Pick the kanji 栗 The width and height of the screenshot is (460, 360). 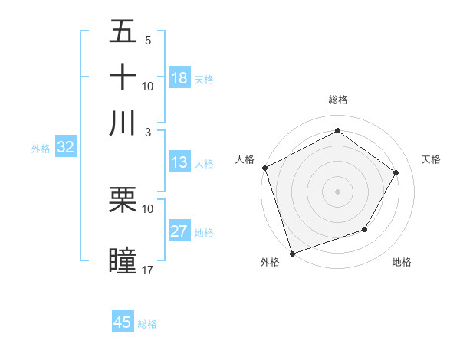tap(123, 200)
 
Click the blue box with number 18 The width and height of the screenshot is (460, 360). tap(179, 78)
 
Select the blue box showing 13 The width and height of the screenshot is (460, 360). tap(179, 162)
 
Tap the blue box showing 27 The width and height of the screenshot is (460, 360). tap(179, 231)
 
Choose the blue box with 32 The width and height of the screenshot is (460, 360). tap(65, 148)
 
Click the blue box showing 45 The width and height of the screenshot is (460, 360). tap(123, 322)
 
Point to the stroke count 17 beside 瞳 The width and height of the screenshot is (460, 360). tap(148, 270)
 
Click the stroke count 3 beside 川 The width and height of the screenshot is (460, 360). tap(148, 132)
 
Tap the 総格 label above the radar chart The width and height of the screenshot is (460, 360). tap(338, 100)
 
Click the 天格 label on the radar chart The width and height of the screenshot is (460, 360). tap(432, 159)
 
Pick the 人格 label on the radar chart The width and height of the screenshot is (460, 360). tap(245, 159)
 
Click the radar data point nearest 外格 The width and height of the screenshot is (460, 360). tap(292, 253)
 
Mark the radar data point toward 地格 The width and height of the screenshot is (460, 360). tap(365, 229)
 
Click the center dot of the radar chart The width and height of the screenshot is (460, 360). tap(338, 191)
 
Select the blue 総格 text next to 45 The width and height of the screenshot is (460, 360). tap(147, 324)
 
